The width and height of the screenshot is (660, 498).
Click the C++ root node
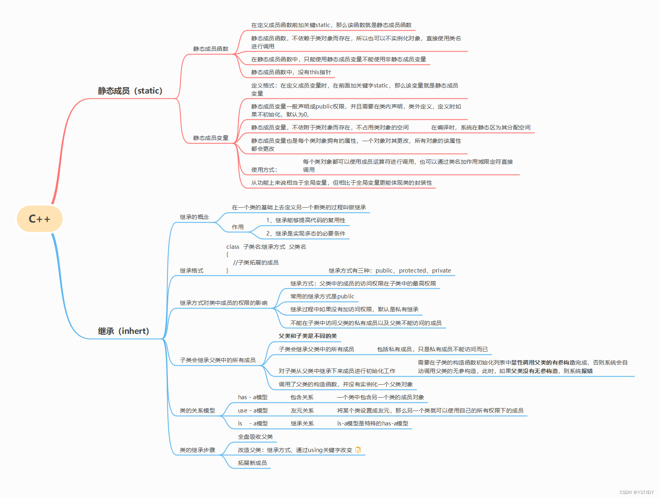pyautogui.click(x=40, y=219)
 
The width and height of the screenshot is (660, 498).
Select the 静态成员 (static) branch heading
pyautogui.click(x=130, y=91)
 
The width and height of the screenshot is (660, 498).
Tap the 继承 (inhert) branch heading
pyautogui.click(x=123, y=331)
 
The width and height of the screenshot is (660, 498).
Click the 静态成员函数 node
pyautogui.click(x=211, y=49)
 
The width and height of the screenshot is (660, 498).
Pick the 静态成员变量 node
pyautogui.click(x=211, y=138)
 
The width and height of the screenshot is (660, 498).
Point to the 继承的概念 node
pyautogui.click(x=194, y=217)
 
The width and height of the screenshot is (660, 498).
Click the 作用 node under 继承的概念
pyautogui.click(x=238, y=227)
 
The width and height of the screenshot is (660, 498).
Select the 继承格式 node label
pyautogui.click(x=192, y=271)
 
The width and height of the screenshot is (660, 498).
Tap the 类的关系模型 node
pyautogui.click(x=197, y=410)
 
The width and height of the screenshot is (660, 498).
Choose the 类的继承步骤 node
pyautogui.click(x=197, y=450)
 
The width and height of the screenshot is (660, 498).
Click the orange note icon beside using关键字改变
pyautogui.click(x=358, y=450)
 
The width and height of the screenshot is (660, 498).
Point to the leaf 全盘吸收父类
pyautogui.click(x=255, y=437)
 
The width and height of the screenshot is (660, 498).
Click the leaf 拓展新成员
pyautogui.click(x=253, y=463)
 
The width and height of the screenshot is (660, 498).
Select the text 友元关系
pyautogui.click(x=302, y=410)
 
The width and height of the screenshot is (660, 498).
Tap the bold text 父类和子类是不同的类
pyautogui.click(x=308, y=336)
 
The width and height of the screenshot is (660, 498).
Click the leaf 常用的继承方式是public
pyautogui.click(x=322, y=296)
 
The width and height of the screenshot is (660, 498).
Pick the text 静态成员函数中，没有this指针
pyautogui.click(x=291, y=72)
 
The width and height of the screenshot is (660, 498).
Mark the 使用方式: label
pyautogui.click(x=264, y=170)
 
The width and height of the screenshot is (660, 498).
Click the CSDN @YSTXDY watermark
pyautogui.click(x=637, y=492)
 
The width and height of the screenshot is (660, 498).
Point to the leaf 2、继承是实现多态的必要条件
pyautogui.click(x=306, y=233)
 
